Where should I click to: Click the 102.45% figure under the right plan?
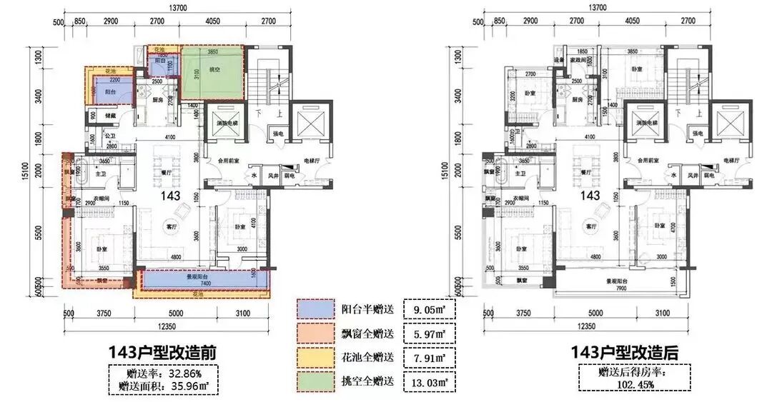[623, 384]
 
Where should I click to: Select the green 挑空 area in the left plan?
[211, 74]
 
